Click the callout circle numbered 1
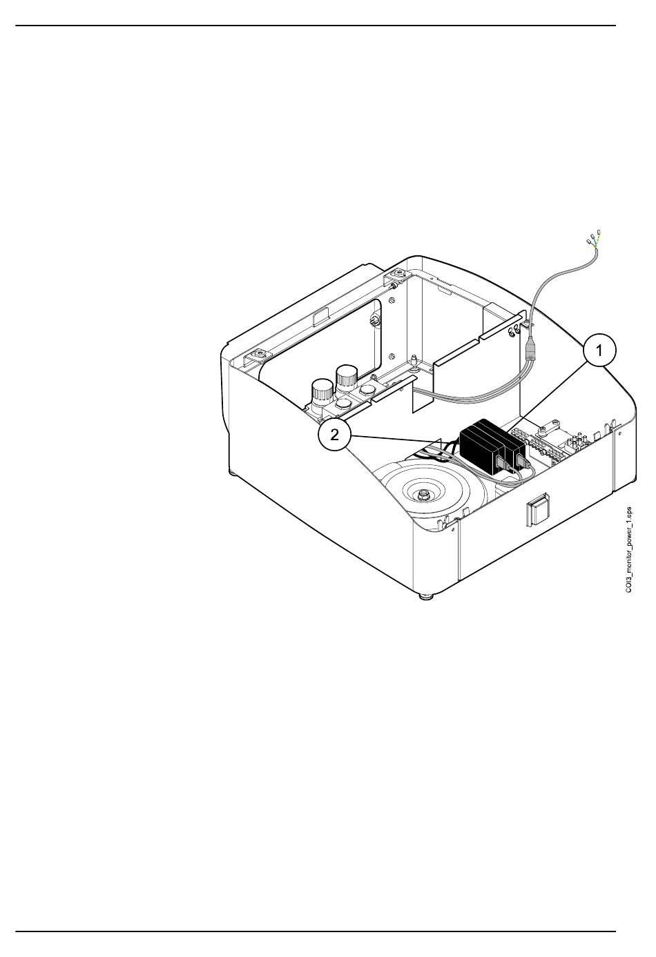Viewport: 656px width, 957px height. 599,351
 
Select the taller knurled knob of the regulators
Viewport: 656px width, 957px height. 345,377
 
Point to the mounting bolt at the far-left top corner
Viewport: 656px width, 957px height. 259,355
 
